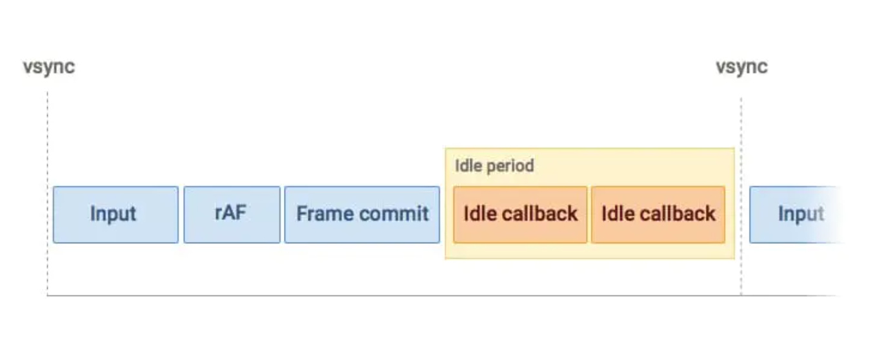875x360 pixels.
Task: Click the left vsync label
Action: tap(49, 67)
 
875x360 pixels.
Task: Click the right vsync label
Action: tap(741, 67)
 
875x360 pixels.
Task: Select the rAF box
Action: tap(232, 215)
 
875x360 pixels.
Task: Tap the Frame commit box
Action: tap(362, 215)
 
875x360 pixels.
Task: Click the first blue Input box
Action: tap(116, 215)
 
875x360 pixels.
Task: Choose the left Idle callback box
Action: tap(520, 215)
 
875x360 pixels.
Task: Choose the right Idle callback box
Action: tap(658, 215)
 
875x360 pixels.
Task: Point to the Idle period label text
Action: tap(494, 166)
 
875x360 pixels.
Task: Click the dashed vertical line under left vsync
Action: tap(48, 194)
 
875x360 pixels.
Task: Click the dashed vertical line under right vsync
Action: tap(741, 196)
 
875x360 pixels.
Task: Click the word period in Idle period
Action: tap(510, 166)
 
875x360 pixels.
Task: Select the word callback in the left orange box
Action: tap(539, 214)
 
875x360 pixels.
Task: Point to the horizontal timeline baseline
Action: tap(441, 295)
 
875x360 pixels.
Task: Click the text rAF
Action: tap(230, 213)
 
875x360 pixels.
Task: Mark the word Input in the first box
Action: tap(114, 214)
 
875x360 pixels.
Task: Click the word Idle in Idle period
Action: tap(468, 166)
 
